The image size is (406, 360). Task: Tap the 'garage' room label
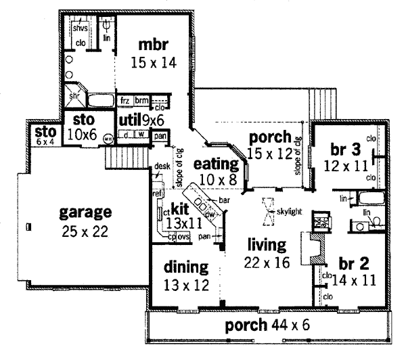tap(84, 212)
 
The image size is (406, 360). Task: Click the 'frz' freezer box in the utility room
tap(125, 100)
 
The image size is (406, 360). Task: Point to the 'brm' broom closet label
tap(141, 100)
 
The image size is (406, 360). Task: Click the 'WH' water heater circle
tap(107, 139)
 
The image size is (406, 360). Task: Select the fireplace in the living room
tap(313, 251)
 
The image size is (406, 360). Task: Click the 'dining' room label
tap(185, 266)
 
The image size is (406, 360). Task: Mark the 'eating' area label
tap(216, 164)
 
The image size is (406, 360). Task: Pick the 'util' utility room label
tap(129, 120)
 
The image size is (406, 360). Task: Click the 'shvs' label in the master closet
tap(81, 30)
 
